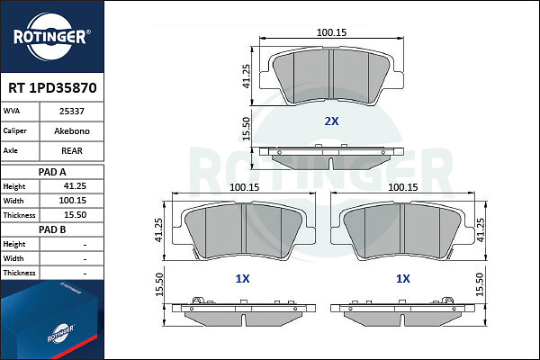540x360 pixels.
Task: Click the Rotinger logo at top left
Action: [x=51, y=37]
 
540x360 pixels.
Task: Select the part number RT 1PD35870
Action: [x=52, y=88]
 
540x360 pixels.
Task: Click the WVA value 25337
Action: [x=72, y=112]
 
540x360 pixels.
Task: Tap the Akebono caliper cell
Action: [x=72, y=130]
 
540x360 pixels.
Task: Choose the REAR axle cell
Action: [x=72, y=150]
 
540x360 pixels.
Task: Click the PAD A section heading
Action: [x=52, y=172]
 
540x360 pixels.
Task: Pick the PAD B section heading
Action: [x=52, y=229]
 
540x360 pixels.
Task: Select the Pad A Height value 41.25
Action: [x=75, y=186]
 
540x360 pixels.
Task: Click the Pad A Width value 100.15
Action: [x=72, y=201]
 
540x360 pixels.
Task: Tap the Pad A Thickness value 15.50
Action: [x=75, y=215]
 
